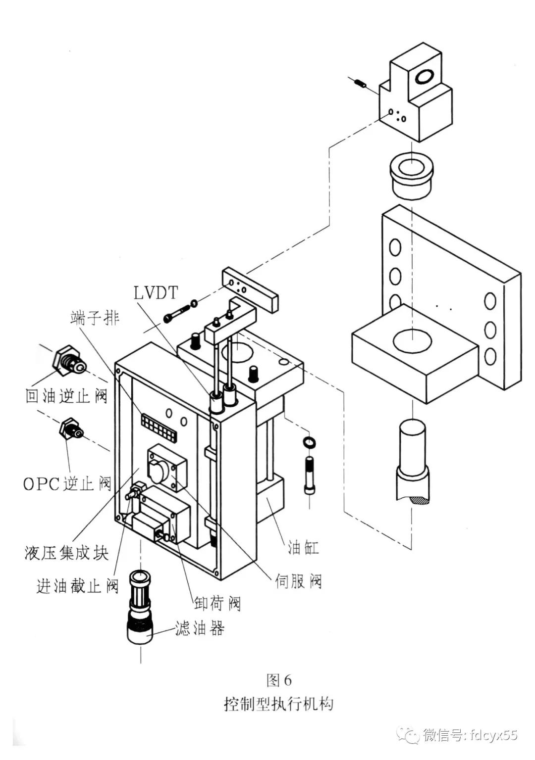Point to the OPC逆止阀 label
click(67, 483)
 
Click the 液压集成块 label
click(66, 553)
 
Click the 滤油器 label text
click(200, 628)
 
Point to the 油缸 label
click(303, 547)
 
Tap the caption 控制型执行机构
click(279, 704)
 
